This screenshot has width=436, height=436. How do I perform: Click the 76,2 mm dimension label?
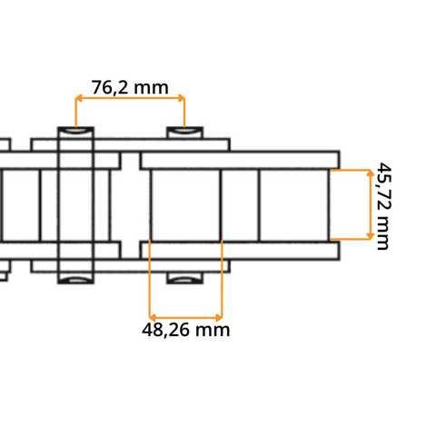130,87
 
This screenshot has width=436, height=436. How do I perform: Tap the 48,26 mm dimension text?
185,330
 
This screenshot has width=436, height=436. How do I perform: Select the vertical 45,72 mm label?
383,206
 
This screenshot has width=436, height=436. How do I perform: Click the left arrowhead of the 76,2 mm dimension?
78,98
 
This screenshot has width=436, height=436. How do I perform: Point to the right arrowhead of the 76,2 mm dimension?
181,98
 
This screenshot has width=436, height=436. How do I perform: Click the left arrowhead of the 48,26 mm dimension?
153,317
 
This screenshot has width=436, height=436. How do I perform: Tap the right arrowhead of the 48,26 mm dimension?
219,317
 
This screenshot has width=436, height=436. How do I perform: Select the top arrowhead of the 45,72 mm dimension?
371,173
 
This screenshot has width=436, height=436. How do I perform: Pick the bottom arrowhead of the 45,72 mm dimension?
371,236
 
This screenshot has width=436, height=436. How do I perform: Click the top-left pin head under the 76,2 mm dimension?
75,133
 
